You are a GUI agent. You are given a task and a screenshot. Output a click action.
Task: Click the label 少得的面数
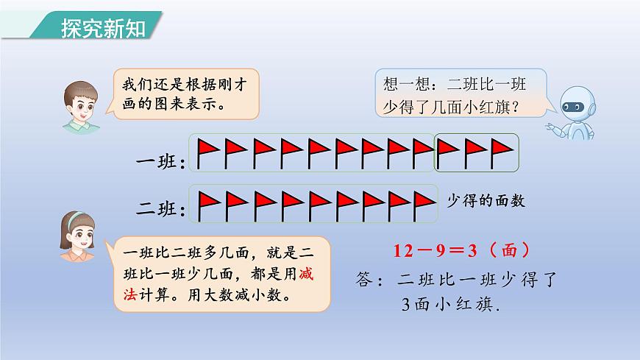point(488,200)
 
